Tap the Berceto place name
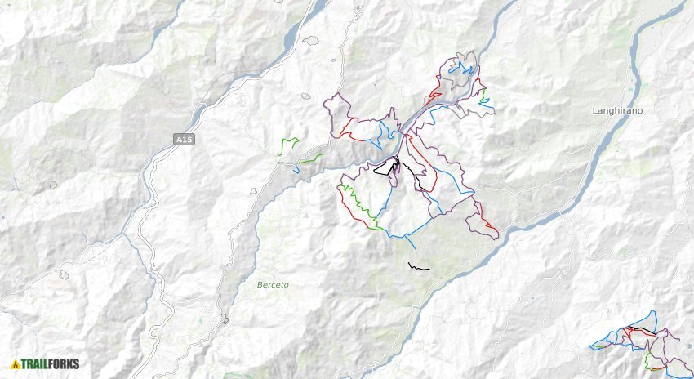pos(273,284)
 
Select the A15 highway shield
pos(185,140)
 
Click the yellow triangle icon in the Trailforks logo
pos(16,364)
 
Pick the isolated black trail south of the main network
pos(417,267)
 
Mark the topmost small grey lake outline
pos(310,39)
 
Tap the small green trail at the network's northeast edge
pos(484,100)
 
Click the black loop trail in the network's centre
pos(385,170)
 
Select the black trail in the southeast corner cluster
pos(645,330)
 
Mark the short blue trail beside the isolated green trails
pos(295,170)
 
